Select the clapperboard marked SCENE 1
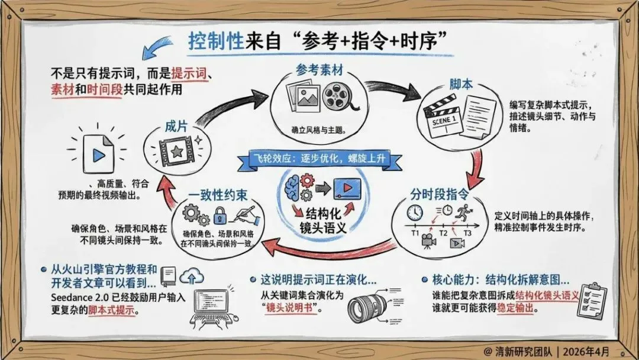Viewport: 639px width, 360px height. (x=440, y=112)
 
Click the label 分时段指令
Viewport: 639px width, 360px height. (x=440, y=193)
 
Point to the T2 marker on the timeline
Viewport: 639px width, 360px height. (x=443, y=232)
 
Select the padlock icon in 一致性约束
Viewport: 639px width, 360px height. (x=220, y=214)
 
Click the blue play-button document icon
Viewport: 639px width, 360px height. (x=99, y=153)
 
